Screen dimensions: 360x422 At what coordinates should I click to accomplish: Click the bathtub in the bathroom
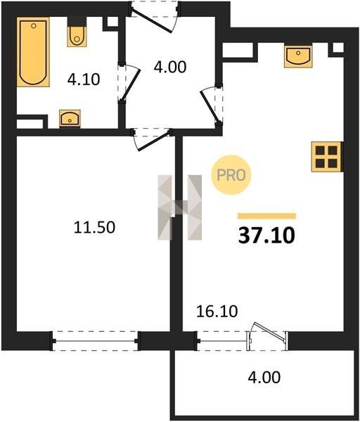point(33,52)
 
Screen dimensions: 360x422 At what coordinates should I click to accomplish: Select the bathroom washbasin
point(70,118)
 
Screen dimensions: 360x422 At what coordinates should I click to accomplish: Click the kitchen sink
point(298,56)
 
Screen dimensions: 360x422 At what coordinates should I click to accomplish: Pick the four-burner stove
point(327,157)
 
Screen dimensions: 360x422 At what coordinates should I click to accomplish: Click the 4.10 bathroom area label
point(84,79)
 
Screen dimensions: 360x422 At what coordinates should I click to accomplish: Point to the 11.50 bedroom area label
point(94,227)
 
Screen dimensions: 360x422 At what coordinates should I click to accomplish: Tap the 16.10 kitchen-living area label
point(217,312)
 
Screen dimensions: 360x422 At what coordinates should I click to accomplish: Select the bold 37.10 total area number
point(266,236)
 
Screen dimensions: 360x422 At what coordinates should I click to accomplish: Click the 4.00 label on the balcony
point(264,377)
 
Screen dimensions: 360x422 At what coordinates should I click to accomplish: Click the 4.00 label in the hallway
point(170,67)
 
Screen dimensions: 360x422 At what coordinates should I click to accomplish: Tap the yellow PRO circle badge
point(231,175)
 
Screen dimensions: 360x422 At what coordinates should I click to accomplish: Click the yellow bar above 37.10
point(266,216)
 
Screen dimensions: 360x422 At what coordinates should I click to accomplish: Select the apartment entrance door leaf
point(151,21)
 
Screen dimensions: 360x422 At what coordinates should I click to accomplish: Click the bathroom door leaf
point(130,85)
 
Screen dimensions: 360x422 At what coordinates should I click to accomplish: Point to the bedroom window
point(95,341)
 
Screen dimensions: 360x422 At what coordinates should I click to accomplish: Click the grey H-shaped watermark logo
point(179,207)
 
